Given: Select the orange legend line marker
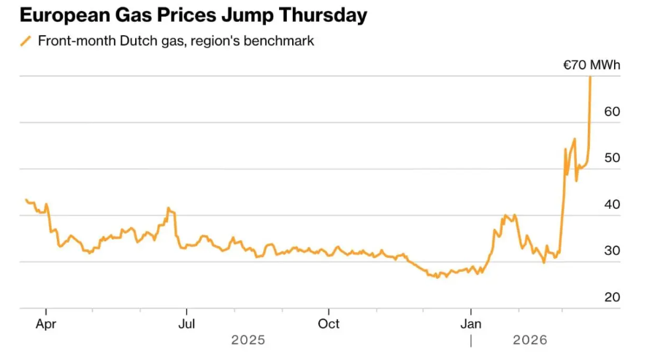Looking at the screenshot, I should pyautogui.click(x=26, y=41).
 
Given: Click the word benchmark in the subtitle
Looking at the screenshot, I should pyautogui.click(x=281, y=41).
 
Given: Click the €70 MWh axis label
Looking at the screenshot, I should pyautogui.click(x=591, y=66).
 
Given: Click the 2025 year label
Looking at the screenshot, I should pyautogui.click(x=248, y=340).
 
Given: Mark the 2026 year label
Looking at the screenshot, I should pyautogui.click(x=530, y=340).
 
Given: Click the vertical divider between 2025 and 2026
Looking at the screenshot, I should pyautogui.click(x=471, y=340).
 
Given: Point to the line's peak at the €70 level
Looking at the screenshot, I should pyautogui.click(x=590, y=77).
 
